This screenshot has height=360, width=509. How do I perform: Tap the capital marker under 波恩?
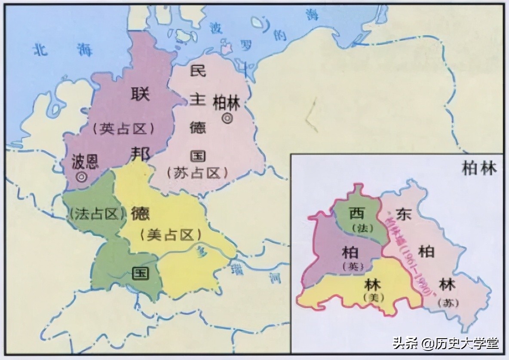coord(80,176)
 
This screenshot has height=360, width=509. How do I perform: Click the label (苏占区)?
coord(196,172)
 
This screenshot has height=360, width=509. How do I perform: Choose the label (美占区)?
coord(171,235)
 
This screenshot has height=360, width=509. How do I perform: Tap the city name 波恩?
coord(85,161)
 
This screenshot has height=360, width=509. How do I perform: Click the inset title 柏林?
coord(478,168)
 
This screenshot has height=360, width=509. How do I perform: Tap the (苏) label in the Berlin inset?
coord(445,302)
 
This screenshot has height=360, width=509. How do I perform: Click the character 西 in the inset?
coord(356,213)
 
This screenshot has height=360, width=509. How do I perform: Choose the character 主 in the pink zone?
coord(198,99)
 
